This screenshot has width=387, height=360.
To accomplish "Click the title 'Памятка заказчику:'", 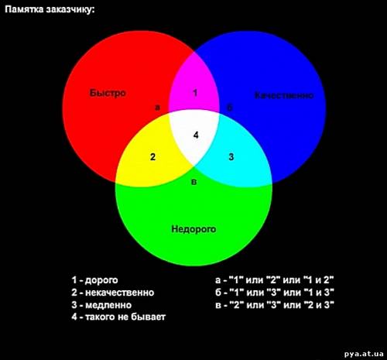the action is [50, 10].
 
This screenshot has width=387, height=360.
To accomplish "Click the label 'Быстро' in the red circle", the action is [108, 93].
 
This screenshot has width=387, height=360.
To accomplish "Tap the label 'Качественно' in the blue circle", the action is [284, 95].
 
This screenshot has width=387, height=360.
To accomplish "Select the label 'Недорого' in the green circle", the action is [193, 229].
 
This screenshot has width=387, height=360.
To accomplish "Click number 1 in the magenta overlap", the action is [195, 93].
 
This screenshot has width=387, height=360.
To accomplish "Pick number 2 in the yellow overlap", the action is [152, 157].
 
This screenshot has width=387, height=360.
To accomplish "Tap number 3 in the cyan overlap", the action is [231, 156].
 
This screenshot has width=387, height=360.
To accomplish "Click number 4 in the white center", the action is [196, 135].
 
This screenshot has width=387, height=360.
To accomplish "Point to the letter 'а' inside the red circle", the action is [157, 108].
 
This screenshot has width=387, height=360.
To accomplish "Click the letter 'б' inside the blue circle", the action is [229, 107].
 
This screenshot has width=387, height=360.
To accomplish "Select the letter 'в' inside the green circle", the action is [194, 182].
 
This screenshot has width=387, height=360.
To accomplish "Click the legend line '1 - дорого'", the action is [94, 280].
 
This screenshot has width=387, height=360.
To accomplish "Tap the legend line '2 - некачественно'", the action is [113, 293].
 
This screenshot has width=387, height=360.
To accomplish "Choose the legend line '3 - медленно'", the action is [101, 305].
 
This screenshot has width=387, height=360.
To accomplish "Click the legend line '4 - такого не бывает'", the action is [118, 317].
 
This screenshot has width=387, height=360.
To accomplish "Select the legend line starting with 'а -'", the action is [275, 279].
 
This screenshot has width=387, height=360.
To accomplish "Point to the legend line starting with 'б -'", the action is [275, 293].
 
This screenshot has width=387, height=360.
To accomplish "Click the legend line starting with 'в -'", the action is [275, 305].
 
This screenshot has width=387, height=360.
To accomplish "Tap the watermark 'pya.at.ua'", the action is [364, 353].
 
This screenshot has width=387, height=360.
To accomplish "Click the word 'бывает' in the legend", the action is [149, 317].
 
